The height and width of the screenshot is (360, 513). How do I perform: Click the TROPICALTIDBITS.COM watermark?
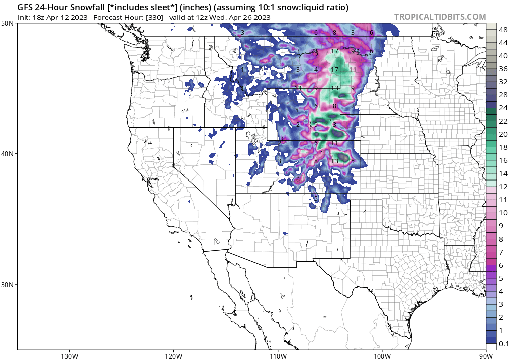tap(440, 17)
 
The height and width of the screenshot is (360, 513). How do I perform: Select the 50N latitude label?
tap(7, 24)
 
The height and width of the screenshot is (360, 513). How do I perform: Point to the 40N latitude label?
tap(7, 154)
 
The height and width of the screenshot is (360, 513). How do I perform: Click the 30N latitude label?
tap(7, 284)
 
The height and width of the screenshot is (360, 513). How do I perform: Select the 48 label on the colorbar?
tap(503, 30)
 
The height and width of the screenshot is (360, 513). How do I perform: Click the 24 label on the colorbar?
tap(503, 108)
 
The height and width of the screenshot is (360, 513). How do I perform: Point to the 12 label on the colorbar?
tap(503, 186)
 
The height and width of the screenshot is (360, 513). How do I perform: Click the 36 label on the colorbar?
tap(503, 69)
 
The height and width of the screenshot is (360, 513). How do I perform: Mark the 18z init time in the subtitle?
tap(40, 17)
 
